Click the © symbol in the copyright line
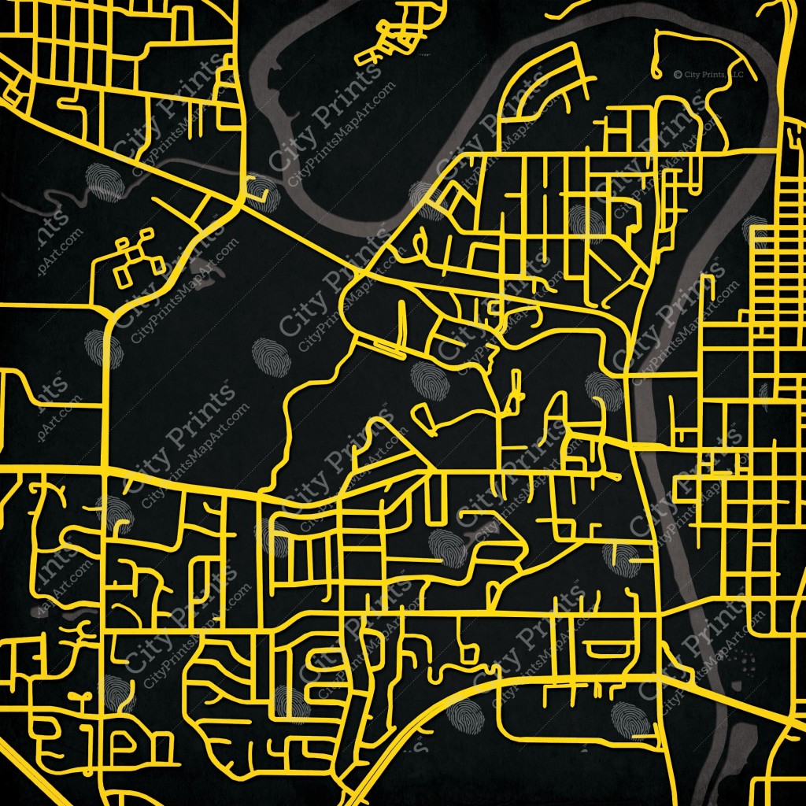(x=677, y=74)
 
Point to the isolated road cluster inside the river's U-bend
(x=394, y=35)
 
